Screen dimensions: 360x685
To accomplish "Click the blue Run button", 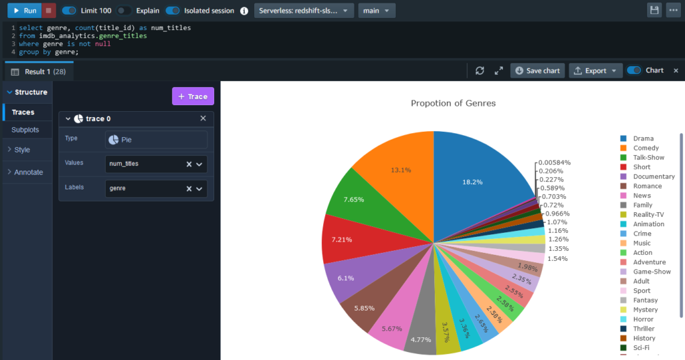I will [24, 11].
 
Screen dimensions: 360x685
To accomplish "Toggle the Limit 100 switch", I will [69, 11].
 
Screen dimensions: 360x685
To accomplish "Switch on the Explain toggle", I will [124, 11].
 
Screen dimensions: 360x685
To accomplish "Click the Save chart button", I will [536, 70].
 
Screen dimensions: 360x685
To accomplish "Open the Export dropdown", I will [595, 70].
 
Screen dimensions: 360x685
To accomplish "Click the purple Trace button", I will [193, 96].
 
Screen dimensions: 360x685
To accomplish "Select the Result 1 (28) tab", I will [39, 71].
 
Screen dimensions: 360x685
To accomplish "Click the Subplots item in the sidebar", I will [25, 129].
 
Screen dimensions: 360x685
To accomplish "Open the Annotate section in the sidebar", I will [28, 172].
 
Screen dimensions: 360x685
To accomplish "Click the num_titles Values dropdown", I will [156, 164].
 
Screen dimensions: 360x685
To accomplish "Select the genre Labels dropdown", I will [156, 189].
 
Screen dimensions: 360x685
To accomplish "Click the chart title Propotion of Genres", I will [453, 103].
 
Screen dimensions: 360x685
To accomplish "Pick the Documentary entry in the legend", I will [654, 177].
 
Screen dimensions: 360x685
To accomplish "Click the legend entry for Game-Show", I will [652, 272].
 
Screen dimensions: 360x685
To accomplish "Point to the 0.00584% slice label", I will [555, 163].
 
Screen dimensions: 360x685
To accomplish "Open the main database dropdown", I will [377, 11].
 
